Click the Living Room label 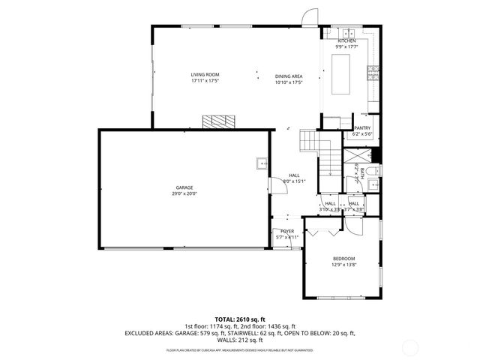205,75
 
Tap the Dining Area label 288,75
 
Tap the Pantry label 362,127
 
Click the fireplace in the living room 217,121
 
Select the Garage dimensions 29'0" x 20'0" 184,193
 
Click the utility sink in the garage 262,163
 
